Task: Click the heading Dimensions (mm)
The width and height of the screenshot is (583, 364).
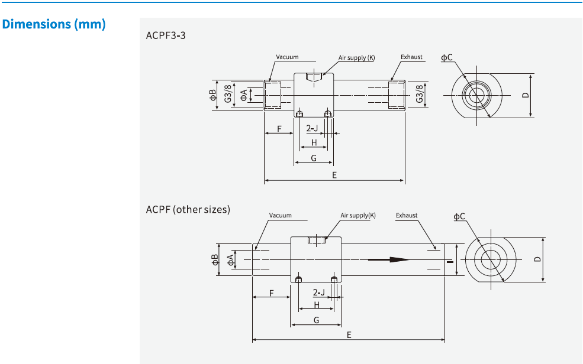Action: pyautogui.click(x=54, y=25)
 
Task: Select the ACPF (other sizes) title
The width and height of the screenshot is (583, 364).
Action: pyautogui.click(x=188, y=210)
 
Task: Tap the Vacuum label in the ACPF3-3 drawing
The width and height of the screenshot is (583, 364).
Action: pyautogui.click(x=287, y=57)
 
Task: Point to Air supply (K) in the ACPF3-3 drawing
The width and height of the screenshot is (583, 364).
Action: pyautogui.click(x=356, y=58)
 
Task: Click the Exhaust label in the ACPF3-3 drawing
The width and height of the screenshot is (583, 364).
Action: pyautogui.click(x=411, y=57)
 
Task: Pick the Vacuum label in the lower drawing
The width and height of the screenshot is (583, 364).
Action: pyautogui.click(x=280, y=216)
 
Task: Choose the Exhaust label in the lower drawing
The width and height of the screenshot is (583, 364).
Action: pyautogui.click(x=407, y=216)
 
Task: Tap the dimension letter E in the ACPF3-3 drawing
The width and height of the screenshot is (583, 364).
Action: pyautogui.click(x=334, y=175)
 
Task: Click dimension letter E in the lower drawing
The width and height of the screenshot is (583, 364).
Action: pyautogui.click(x=349, y=334)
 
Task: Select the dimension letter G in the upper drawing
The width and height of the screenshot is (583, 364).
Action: pyautogui.click(x=314, y=158)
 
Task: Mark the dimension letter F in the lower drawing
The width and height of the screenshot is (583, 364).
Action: pyautogui.click(x=271, y=292)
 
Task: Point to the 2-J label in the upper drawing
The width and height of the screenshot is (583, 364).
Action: pyautogui.click(x=312, y=128)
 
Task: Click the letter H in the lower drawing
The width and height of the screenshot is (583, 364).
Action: pyautogui.click(x=317, y=305)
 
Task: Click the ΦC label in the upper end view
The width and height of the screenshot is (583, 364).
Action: pyautogui.click(x=447, y=57)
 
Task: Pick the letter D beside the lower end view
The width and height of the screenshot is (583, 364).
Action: pyautogui.click(x=537, y=259)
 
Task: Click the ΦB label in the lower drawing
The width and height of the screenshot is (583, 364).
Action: pyautogui.click(x=215, y=259)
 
